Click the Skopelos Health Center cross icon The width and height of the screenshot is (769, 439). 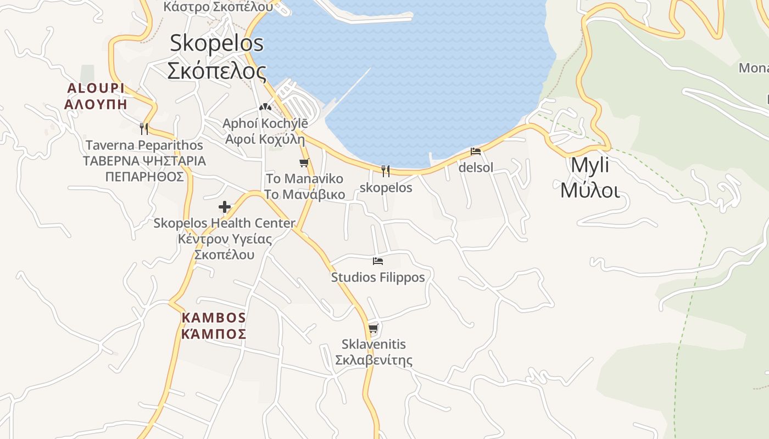[x=224, y=207]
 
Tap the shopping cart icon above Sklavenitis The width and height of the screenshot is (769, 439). [x=374, y=328]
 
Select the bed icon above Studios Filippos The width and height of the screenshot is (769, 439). [x=377, y=261]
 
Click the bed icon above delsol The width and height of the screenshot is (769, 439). [x=476, y=151]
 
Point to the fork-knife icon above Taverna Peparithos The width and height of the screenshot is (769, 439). [x=144, y=128]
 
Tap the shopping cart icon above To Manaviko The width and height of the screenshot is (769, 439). [x=304, y=162]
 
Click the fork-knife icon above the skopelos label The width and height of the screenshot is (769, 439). [x=386, y=171]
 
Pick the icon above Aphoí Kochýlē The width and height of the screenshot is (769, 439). [x=265, y=106]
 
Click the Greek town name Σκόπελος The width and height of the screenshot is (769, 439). [x=216, y=71]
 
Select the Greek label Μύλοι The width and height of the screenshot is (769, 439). [x=590, y=191]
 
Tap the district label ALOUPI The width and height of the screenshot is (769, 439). [x=96, y=88]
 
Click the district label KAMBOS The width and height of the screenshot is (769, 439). [x=214, y=318]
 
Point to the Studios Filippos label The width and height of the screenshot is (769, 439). [x=378, y=278]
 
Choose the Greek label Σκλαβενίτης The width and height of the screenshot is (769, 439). [x=374, y=361]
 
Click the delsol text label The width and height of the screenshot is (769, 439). [x=476, y=168]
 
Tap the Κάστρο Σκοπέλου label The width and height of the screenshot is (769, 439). [x=218, y=7]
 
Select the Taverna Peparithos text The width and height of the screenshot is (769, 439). [x=144, y=145]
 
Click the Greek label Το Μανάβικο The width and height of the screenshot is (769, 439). [x=304, y=194]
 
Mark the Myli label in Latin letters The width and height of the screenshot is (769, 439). [x=590, y=165]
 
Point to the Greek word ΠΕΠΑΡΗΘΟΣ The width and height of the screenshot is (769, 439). [x=144, y=177]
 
